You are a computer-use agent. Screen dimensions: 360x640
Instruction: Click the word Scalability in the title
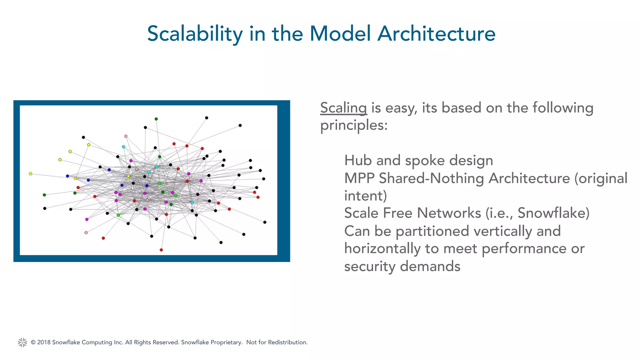195,34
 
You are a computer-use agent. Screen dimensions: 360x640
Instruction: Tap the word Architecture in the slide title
436,34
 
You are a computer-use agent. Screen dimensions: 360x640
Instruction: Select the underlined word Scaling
343,108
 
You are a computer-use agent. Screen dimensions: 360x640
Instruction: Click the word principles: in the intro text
354,126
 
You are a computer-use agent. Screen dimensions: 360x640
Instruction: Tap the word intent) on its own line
365,196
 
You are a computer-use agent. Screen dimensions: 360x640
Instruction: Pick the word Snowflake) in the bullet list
553,213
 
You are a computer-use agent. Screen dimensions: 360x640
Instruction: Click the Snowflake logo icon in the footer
22,342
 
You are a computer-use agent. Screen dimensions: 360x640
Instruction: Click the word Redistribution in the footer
287,342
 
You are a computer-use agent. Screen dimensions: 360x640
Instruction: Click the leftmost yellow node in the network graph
30,174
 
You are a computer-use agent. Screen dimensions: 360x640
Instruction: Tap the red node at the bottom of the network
161,250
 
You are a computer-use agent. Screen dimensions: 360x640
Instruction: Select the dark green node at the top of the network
156,119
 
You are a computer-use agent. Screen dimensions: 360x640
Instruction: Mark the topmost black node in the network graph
207,118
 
